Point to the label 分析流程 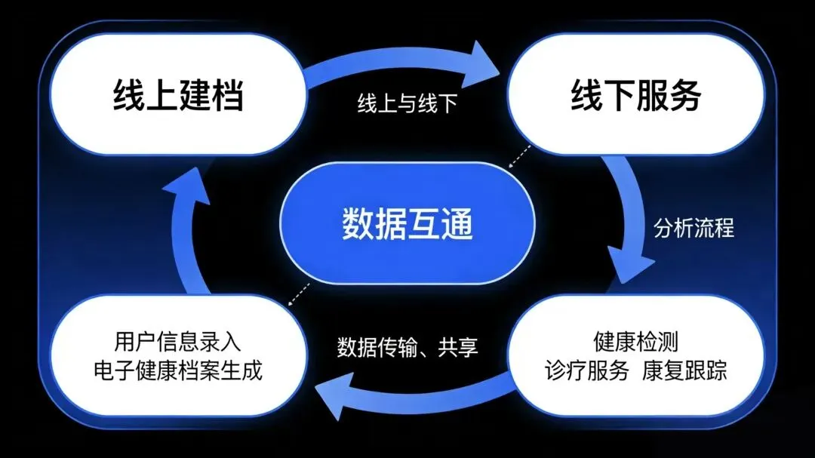[694, 227]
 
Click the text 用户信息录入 [177, 342]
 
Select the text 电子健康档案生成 [177, 371]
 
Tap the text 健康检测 [635, 342]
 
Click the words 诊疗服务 [586, 371]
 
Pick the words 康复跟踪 [685, 371]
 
